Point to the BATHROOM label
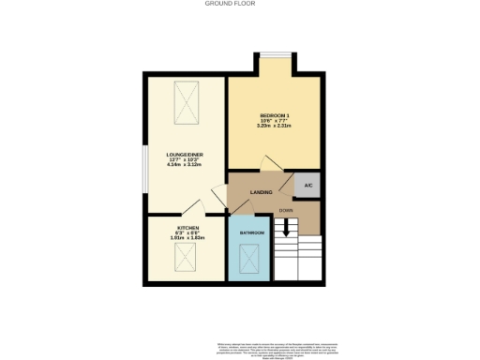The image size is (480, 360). (251, 232)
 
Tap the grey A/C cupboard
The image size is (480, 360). (307, 186)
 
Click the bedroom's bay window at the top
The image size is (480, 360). (276, 57)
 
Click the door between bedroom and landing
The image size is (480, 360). (271, 164)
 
